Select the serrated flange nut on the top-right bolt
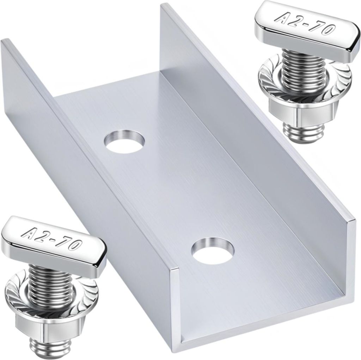(x=305, y=79)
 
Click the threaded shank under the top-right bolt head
(x=303, y=60)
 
